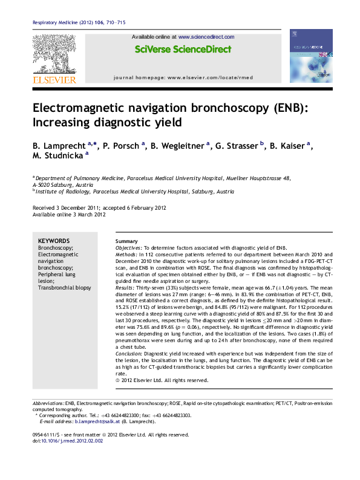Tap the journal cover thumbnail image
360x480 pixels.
[x=311, y=57]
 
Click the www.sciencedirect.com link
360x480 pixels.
[x=206, y=37]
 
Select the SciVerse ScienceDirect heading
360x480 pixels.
[x=183, y=49]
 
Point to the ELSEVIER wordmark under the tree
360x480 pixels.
[x=54, y=79]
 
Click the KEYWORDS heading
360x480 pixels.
[x=54, y=241]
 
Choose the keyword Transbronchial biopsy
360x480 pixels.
[x=65, y=288]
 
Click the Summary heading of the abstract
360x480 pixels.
[x=126, y=241]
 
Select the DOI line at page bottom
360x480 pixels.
[x=68, y=441]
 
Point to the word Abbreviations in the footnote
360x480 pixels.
[x=48, y=403]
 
